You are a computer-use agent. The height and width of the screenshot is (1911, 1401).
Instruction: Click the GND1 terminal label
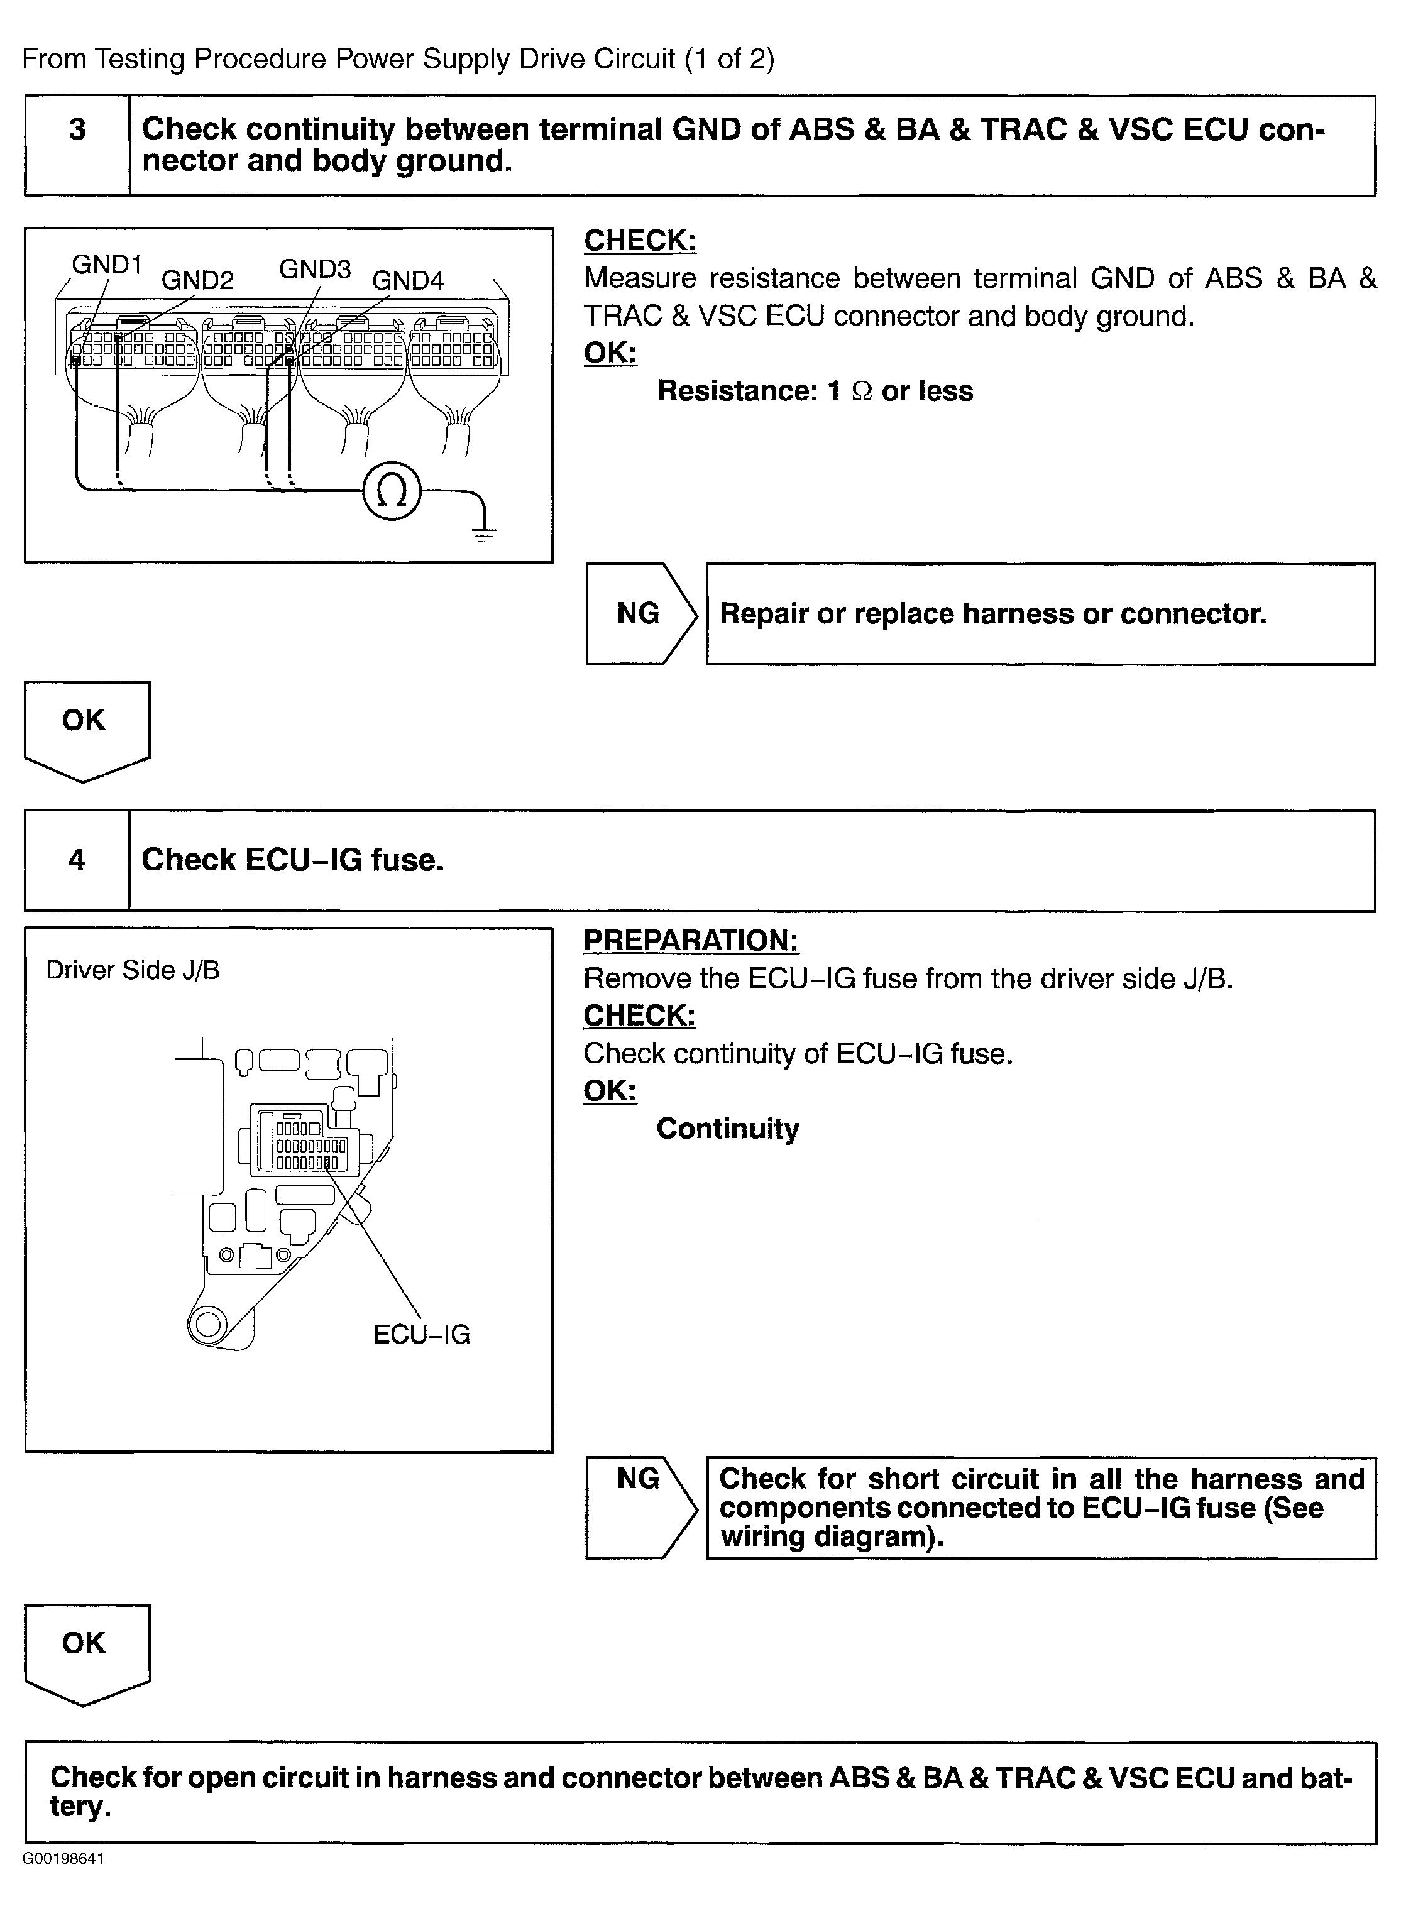106,265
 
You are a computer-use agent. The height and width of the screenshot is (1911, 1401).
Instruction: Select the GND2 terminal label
197,280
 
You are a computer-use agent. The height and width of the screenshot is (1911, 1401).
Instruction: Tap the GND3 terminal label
315,269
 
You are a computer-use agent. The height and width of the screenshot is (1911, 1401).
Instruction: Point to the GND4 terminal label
408,280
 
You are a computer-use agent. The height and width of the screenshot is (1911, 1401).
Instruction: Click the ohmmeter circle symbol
391,491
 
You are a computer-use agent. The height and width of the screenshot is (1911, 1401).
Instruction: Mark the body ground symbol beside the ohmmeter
484,532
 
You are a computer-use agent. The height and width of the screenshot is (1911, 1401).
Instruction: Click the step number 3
77,129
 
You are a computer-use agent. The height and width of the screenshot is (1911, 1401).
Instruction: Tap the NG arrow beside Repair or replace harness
640,613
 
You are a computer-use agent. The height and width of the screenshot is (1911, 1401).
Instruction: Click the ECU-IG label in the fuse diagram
420,1333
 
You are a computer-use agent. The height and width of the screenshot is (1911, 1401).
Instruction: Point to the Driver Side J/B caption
132,970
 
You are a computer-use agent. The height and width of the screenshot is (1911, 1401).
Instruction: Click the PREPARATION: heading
690,940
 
